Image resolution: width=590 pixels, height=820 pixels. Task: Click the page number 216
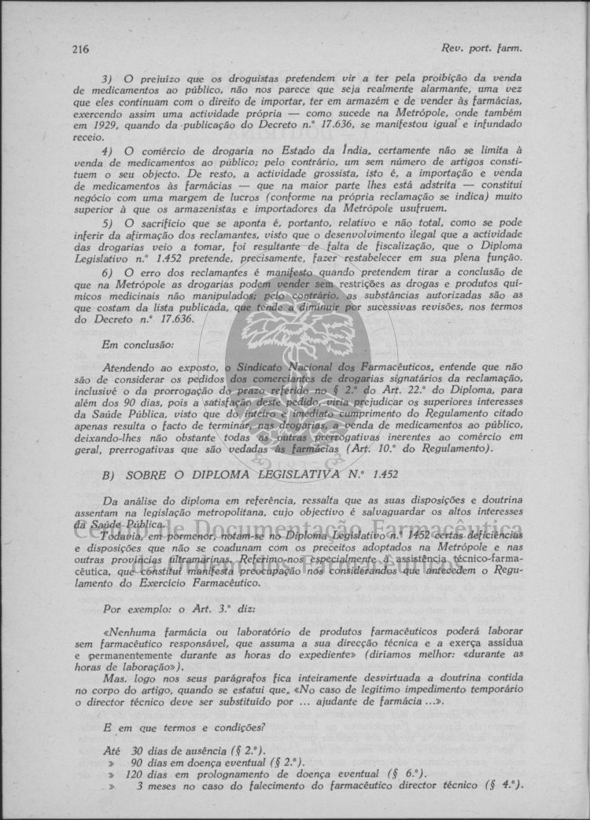(x=79, y=49)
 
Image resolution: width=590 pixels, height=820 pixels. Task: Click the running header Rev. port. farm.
(x=482, y=49)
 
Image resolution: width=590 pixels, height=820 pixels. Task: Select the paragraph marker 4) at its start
(x=108, y=150)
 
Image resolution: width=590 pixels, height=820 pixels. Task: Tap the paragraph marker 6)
(x=108, y=272)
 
